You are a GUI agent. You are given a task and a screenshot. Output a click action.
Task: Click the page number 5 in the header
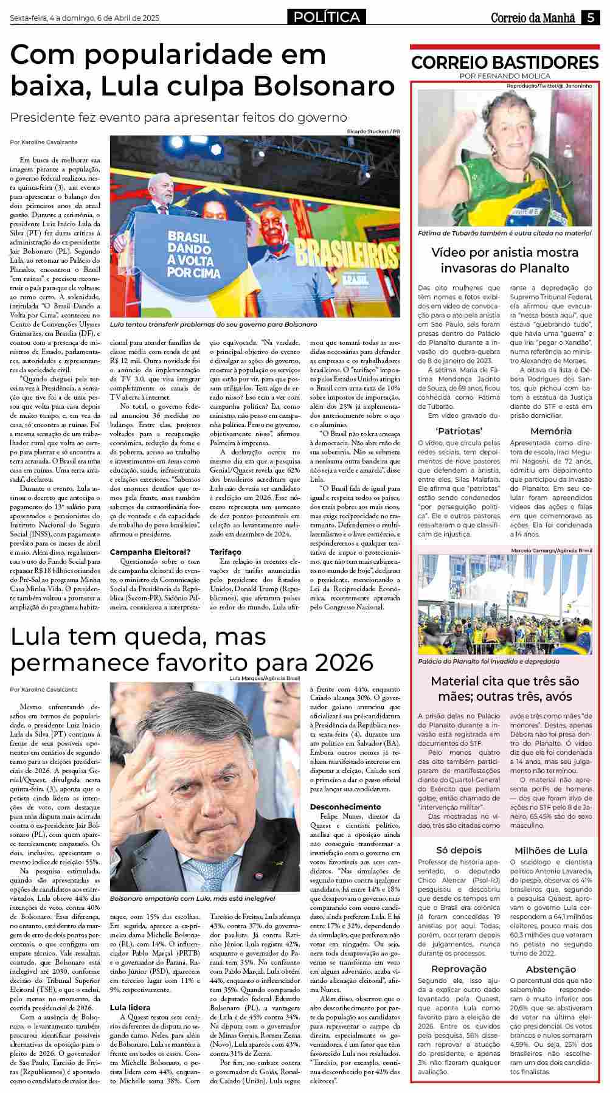[591, 18]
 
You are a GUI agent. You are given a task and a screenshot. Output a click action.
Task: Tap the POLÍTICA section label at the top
[327, 18]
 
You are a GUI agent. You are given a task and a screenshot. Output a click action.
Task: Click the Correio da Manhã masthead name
[533, 18]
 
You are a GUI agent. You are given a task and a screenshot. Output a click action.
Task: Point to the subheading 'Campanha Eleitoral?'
[150, 552]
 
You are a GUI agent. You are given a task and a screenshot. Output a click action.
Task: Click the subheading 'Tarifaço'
[226, 552]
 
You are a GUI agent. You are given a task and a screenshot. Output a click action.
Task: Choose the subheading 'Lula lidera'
[130, 1007]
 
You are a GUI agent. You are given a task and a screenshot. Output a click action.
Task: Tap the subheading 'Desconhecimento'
[345, 807]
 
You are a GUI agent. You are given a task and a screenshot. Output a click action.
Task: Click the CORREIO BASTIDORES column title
[505, 63]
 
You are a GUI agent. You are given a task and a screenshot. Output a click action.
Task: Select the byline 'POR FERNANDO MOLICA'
[505, 76]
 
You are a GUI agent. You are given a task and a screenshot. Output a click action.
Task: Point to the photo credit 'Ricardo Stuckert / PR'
[373, 131]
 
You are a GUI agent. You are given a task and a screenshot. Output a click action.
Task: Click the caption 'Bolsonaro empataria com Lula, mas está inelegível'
[193, 898]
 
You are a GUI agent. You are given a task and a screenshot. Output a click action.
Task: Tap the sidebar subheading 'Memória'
[550, 431]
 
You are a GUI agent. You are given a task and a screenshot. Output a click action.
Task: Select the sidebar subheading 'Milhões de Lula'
[550, 850]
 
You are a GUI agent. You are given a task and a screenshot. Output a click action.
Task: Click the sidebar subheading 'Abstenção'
[550, 969]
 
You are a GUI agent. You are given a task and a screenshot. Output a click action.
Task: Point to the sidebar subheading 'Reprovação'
[459, 968]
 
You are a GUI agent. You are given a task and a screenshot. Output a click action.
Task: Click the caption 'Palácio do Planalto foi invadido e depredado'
[489, 661]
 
